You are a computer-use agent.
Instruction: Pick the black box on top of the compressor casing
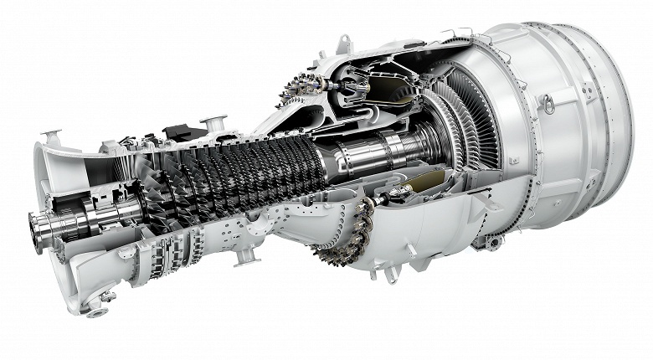177,132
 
